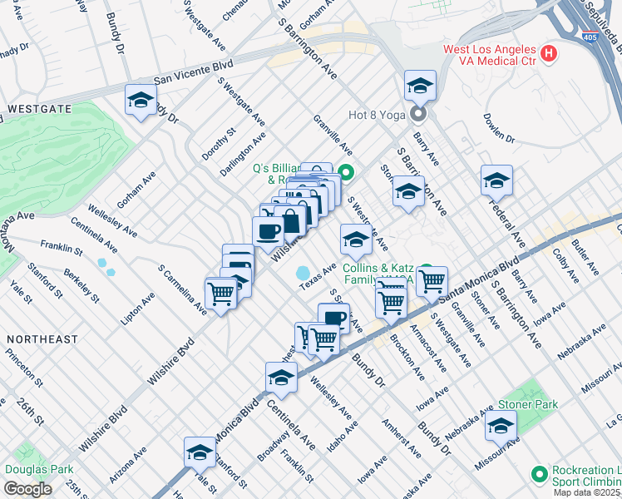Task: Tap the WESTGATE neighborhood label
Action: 39,109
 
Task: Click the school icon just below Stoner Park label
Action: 501,426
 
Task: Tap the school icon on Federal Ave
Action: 496,180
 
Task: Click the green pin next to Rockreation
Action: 538,474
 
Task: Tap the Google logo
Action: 27,488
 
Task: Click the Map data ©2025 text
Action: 586,492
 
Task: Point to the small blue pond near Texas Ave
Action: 303,273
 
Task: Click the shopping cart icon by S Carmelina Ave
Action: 220,293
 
